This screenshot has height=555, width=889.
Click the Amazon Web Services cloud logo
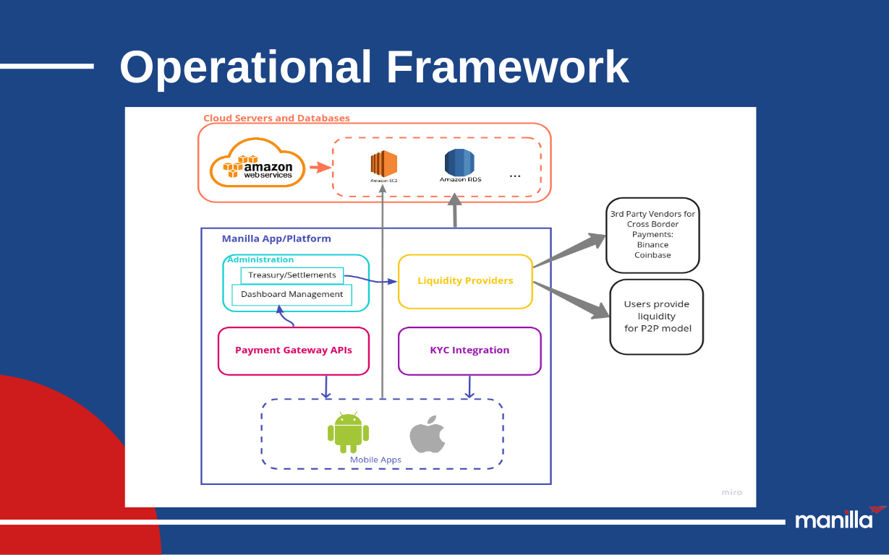(x=257, y=163)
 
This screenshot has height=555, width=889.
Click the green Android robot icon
(x=348, y=432)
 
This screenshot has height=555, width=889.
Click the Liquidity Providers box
(x=465, y=281)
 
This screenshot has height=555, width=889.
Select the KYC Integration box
(x=469, y=350)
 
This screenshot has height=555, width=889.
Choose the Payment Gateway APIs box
(x=294, y=350)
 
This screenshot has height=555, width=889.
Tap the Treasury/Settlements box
(x=292, y=275)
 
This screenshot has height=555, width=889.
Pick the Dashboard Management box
(x=292, y=295)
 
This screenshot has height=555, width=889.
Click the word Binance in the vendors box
(x=652, y=245)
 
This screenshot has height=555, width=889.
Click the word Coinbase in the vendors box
(x=652, y=255)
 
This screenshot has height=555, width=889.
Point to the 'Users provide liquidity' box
(x=657, y=317)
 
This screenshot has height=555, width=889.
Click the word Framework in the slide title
(x=507, y=67)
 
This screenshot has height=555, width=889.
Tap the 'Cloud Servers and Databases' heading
(x=276, y=118)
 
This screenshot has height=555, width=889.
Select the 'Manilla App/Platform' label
(x=276, y=238)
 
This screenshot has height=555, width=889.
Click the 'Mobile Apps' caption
(x=375, y=460)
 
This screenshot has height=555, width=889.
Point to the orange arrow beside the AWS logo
(x=319, y=168)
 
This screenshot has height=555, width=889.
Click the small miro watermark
(x=731, y=492)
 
